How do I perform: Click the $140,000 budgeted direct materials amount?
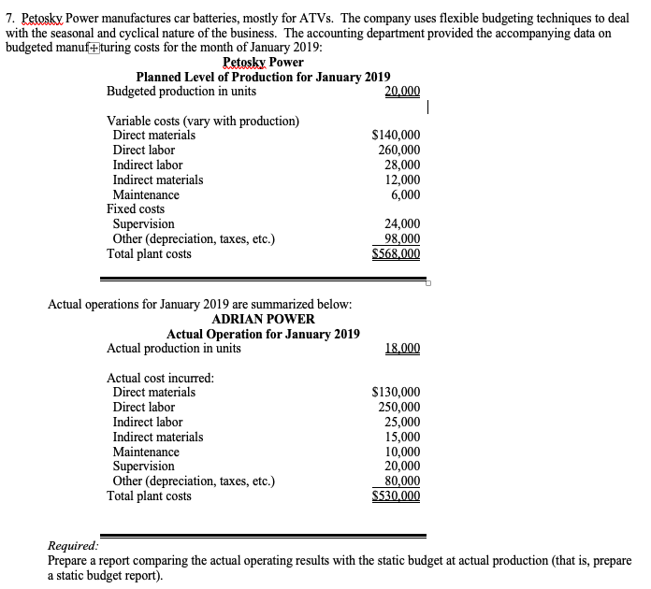(x=396, y=136)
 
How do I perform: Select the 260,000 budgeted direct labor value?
(x=398, y=151)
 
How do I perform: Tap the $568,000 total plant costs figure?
(x=396, y=254)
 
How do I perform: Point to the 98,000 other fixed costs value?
(x=402, y=239)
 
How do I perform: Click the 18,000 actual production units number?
(x=402, y=349)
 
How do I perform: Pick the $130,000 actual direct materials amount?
(x=396, y=393)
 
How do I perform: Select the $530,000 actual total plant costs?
(x=396, y=496)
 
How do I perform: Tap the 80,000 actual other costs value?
(x=402, y=481)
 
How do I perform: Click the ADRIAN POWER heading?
(x=263, y=320)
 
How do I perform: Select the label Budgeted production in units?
(x=181, y=92)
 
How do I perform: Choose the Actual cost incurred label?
(x=160, y=378)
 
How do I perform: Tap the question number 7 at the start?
(x=9, y=18)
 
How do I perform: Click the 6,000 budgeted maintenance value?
(x=405, y=194)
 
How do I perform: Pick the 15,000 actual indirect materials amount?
(x=402, y=437)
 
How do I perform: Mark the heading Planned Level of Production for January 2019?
(x=263, y=78)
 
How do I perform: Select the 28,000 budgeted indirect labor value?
(x=402, y=165)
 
